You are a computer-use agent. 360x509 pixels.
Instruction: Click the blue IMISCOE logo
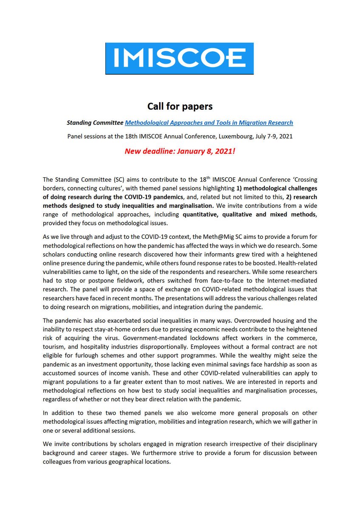tap(180, 59)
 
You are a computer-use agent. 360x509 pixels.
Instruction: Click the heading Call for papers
tap(180, 106)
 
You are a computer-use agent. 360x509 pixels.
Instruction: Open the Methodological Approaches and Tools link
tap(209, 123)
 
